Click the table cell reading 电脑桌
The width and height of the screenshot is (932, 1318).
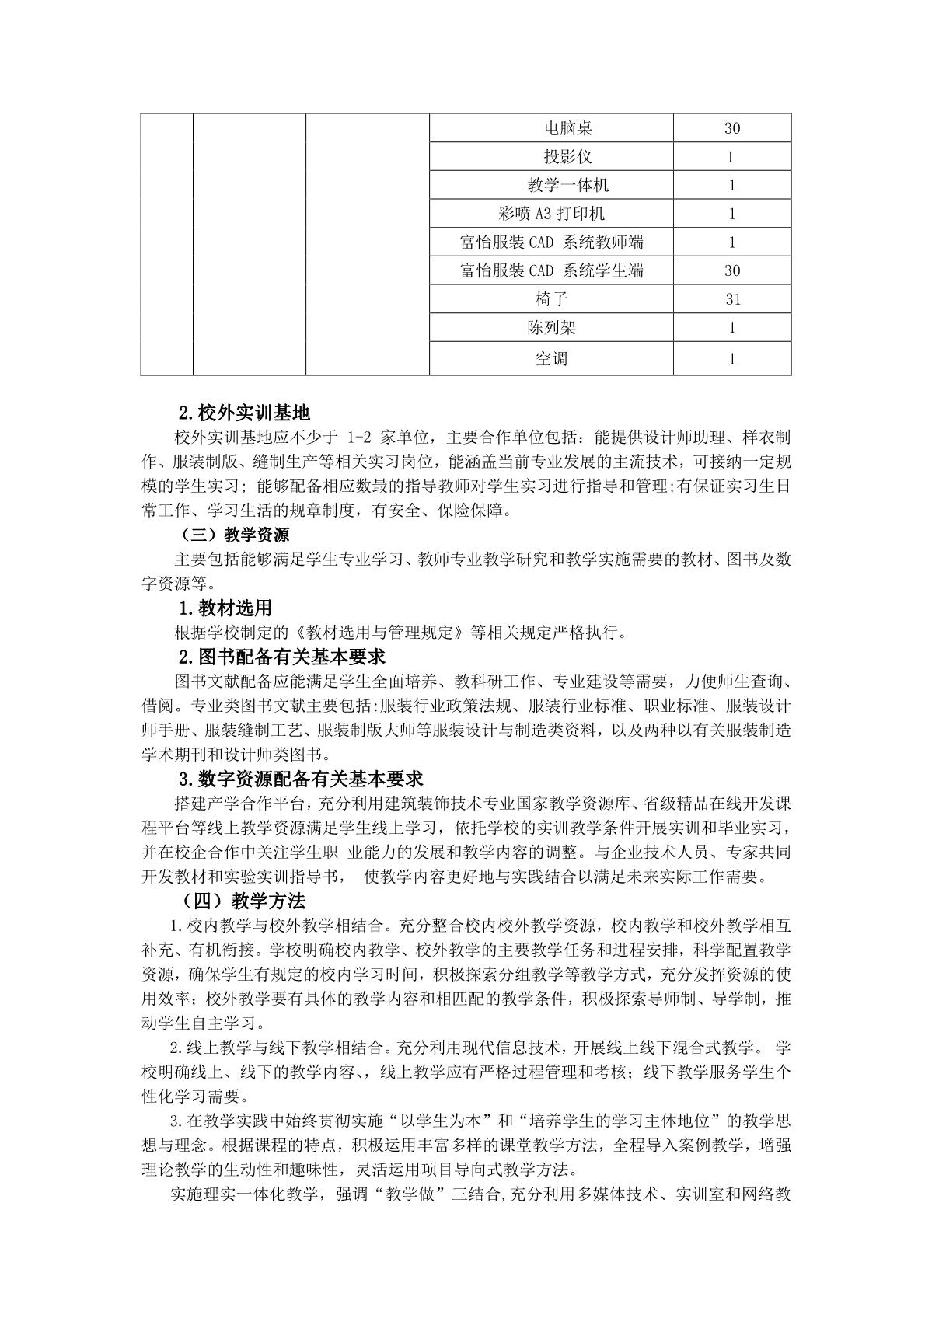click(x=551, y=128)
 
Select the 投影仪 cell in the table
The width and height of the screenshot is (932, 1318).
click(x=551, y=157)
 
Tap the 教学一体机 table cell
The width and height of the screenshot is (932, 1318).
click(x=551, y=185)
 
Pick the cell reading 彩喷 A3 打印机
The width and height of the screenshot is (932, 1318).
click(x=551, y=214)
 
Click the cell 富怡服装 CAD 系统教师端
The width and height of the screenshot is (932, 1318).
click(x=551, y=242)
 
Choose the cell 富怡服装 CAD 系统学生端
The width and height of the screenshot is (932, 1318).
click(x=551, y=270)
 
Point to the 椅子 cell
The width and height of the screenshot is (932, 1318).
click(x=551, y=299)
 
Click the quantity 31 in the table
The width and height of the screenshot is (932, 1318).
click(x=731, y=299)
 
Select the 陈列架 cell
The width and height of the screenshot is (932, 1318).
click(x=551, y=328)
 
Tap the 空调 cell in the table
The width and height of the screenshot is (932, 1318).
click(x=551, y=358)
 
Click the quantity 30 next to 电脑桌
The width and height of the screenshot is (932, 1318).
click(x=731, y=128)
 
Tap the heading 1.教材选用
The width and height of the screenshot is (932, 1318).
click(x=225, y=608)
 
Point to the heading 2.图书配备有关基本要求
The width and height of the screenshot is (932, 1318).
click(x=282, y=657)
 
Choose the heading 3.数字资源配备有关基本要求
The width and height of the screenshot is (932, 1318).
click(x=300, y=779)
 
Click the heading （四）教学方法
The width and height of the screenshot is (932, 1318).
click(x=243, y=901)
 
